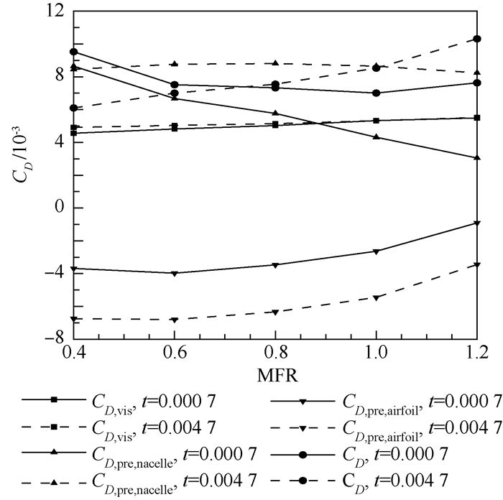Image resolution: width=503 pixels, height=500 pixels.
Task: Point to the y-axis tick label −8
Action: pos(54,338)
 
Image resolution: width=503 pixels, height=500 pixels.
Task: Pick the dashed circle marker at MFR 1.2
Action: pos(477,39)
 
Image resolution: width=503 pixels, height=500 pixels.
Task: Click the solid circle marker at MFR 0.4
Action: pos(74,52)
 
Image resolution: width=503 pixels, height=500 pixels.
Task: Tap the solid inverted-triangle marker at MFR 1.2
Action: pos(477,223)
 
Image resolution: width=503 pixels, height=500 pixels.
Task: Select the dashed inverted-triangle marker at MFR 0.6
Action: pos(175,320)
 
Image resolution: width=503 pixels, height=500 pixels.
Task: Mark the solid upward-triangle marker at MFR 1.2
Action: pos(477,157)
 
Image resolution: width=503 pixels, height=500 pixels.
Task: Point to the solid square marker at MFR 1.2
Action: pos(477,118)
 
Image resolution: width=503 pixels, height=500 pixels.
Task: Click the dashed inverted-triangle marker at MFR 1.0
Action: pos(376,297)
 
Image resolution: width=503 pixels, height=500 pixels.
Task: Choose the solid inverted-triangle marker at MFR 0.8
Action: pos(275,265)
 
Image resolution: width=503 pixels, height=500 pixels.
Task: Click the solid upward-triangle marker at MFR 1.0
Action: pos(376,136)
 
